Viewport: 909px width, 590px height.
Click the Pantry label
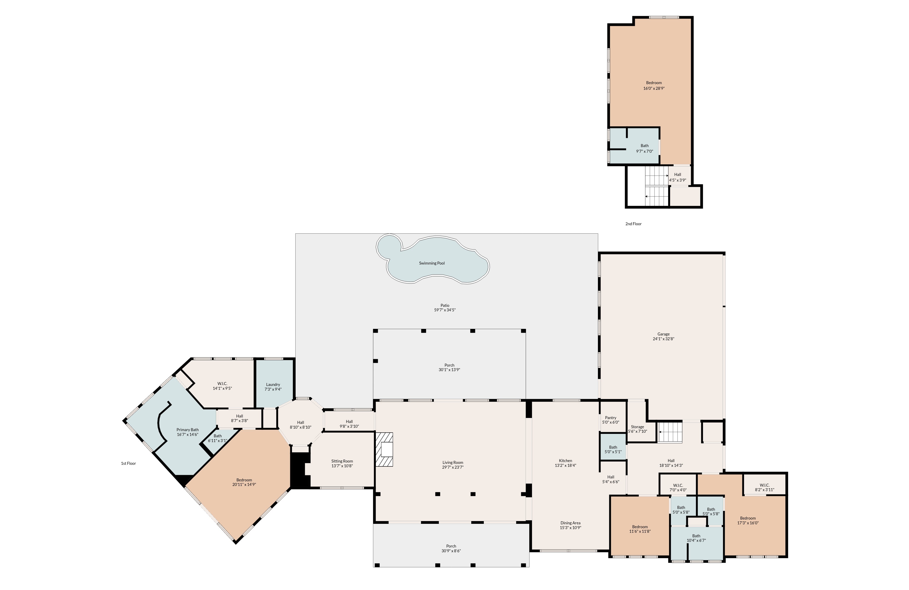[610, 418]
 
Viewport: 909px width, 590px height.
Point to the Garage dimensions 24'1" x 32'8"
[663, 339]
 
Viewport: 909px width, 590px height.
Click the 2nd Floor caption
[633, 224]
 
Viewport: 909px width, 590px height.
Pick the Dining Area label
[571, 523]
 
